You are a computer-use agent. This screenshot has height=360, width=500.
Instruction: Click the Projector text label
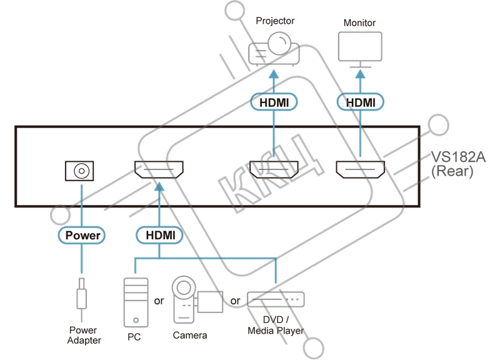275,21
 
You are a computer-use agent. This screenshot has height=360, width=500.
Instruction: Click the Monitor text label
360,23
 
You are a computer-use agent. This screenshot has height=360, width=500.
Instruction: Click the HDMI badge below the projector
274,102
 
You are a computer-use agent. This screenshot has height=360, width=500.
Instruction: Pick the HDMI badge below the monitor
360,102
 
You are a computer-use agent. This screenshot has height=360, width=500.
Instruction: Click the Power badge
81,236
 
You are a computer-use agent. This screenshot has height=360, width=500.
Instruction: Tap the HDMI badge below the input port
159,236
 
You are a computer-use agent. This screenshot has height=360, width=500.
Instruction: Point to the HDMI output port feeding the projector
274,169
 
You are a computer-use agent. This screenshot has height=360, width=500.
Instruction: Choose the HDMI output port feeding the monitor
360,169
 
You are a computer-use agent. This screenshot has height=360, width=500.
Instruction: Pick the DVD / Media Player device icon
276,301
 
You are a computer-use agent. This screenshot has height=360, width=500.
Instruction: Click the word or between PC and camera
159,301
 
